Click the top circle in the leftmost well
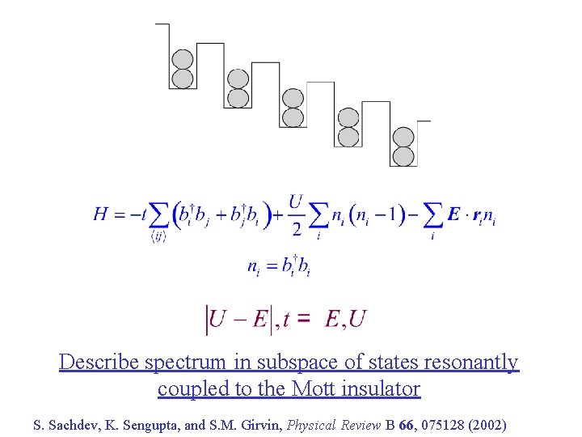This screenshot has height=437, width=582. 183,60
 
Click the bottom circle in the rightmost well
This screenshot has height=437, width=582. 403,156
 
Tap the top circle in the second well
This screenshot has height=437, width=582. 238,79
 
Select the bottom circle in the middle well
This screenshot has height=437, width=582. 293,117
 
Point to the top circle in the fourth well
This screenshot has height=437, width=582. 348,117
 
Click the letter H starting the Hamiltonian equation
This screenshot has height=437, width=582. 102,214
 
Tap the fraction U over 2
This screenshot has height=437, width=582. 297,215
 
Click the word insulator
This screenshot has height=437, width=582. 385,389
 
